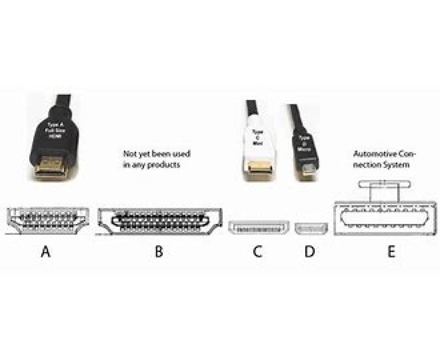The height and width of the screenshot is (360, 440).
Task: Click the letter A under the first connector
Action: tap(45, 252)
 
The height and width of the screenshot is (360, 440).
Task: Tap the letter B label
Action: tap(159, 252)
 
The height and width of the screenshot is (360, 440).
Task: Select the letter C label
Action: tap(257, 252)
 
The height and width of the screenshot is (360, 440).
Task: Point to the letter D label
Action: tap(310, 252)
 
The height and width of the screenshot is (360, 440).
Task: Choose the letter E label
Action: tap(392, 252)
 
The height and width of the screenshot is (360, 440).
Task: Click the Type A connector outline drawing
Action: tap(46, 220)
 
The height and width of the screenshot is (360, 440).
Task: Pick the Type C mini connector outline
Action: tap(259, 228)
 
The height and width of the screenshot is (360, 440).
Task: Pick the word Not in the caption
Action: tap(128, 154)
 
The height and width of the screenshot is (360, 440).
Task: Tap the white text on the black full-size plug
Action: tap(53, 129)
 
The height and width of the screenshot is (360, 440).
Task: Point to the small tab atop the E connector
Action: tap(384, 184)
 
